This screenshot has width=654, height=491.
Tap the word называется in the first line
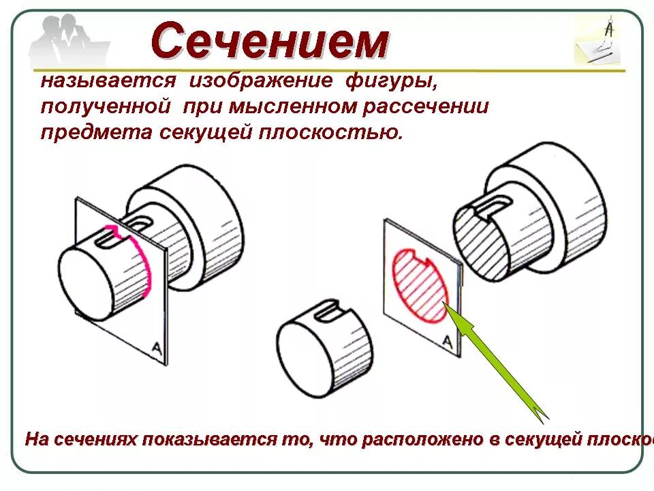click(108, 82)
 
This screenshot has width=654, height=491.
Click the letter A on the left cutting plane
click(156, 348)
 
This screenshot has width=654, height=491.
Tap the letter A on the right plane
click(448, 341)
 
